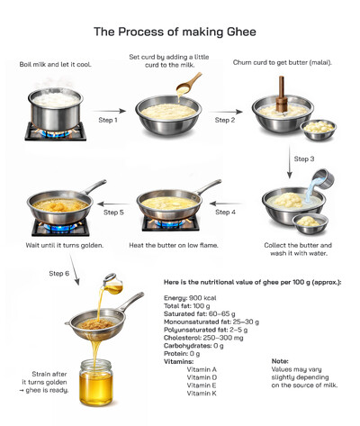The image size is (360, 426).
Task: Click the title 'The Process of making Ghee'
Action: tap(175, 32)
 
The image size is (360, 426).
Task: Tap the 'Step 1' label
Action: tap(107, 120)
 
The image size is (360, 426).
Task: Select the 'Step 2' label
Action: tap(225, 120)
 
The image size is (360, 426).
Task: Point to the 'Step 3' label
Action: tap(305, 159)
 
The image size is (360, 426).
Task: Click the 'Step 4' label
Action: tap(226, 213)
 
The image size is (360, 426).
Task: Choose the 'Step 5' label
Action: tap(114, 213)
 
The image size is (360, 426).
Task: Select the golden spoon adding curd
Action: tap(190, 84)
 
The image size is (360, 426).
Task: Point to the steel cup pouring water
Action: tap(320, 180)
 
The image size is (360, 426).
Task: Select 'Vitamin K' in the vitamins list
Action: tap(202, 393)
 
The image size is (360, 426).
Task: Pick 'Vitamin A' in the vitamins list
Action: tap(202, 369)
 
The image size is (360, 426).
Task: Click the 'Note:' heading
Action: tap(280, 361)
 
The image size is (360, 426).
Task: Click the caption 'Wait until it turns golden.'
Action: tap(64, 246)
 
